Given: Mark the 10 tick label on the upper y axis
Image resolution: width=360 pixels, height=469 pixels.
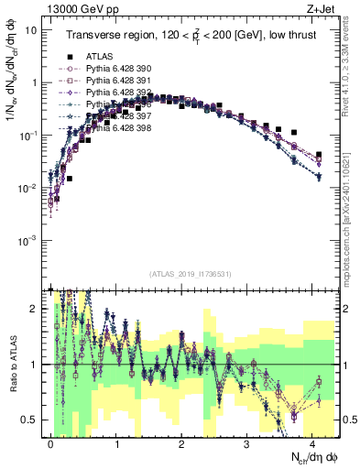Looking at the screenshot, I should [31, 29].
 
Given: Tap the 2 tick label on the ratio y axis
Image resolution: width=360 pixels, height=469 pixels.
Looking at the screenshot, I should [35, 309].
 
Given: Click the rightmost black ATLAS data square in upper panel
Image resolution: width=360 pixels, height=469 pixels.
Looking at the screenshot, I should [319, 155].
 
